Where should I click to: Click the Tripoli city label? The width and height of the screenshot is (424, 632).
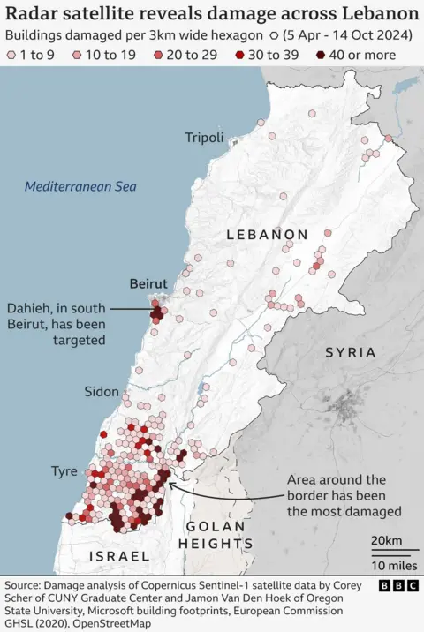204,137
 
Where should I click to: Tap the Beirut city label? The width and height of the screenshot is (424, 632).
148,283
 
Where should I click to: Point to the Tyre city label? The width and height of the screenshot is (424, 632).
64,471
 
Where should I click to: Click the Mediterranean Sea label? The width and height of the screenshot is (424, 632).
80,187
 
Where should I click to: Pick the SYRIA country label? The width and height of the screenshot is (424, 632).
350,352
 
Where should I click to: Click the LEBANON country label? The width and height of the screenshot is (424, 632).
267,235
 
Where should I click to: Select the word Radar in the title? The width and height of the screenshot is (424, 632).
33,14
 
